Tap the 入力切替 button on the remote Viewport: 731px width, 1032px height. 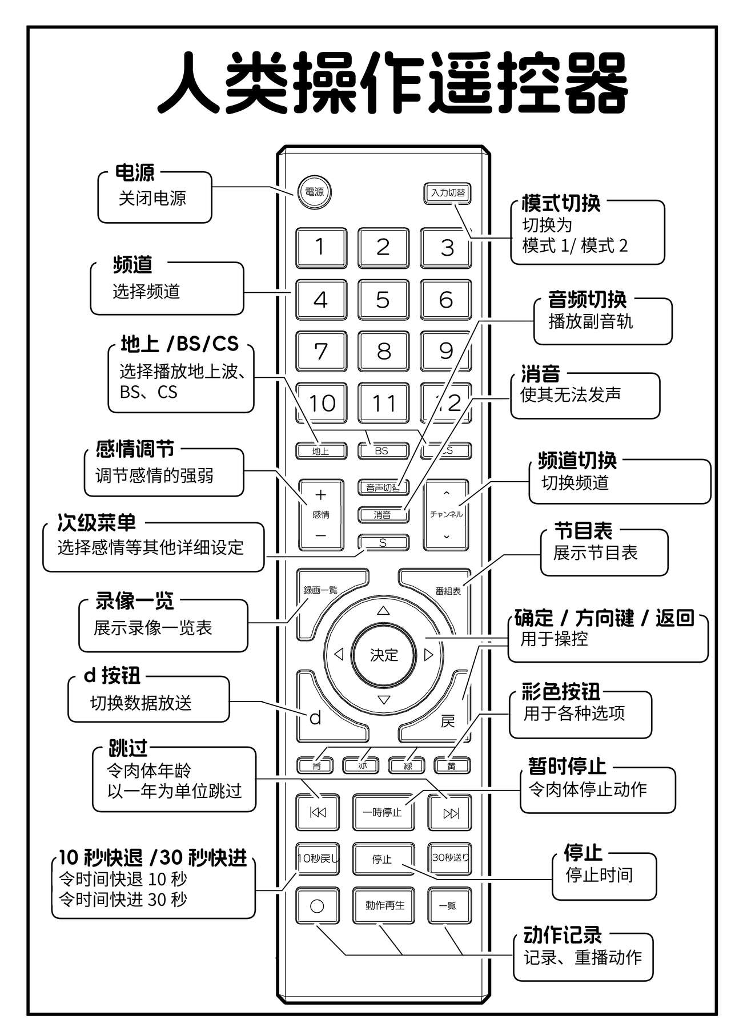[x=448, y=193]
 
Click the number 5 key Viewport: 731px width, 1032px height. [x=383, y=300]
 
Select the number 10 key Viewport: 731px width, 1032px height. [x=321, y=403]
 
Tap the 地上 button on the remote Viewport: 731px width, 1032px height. [x=320, y=451]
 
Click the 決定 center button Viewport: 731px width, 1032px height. [x=383, y=655]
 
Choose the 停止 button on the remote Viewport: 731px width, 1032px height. [x=383, y=858]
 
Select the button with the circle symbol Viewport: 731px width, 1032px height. [x=317, y=906]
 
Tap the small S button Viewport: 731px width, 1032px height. [x=383, y=542]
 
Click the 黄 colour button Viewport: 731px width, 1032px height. [x=451, y=766]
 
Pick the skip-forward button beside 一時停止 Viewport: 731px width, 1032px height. [x=450, y=813]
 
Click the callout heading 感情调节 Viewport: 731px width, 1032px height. [x=135, y=449]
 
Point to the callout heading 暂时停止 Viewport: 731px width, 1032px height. [x=567, y=765]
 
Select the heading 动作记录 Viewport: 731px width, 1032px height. [x=563, y=935]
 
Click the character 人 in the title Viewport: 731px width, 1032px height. [x=190, y=83]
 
